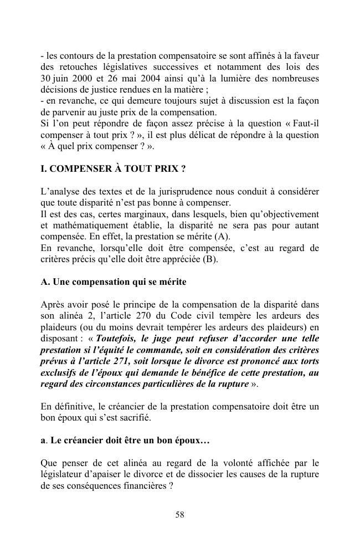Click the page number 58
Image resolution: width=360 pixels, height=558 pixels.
pos(180,515)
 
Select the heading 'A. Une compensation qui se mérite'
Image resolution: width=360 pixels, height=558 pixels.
pos(114,282)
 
